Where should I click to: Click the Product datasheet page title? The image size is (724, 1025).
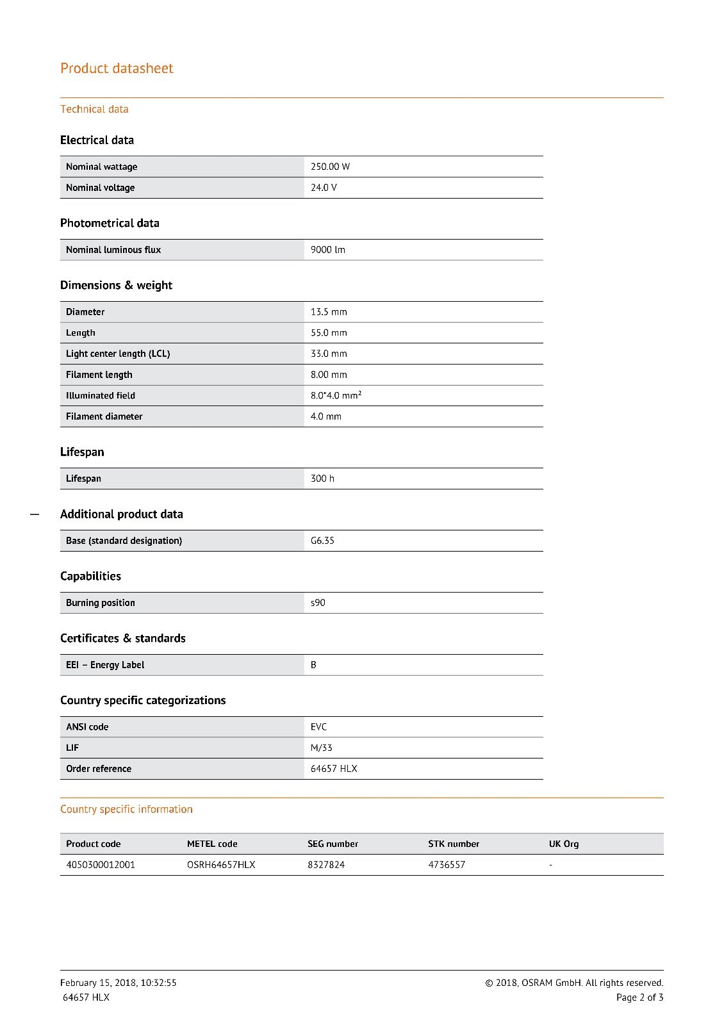tap(117, 69)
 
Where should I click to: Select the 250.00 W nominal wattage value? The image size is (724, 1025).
tap(330, 167)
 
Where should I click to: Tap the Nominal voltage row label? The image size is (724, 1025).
tap(100, 188)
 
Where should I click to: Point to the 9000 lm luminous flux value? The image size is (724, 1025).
tap(327, 250)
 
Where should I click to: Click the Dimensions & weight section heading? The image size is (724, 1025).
tap(116, 285)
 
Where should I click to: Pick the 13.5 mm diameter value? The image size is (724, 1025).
tap(329, 312)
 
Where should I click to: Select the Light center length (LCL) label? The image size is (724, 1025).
tap(118, 354)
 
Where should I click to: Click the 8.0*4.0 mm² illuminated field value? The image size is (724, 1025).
tap(336, 395)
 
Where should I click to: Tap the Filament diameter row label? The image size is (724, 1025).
tap(104, 416)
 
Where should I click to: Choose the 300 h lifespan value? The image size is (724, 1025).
tap(322, 479)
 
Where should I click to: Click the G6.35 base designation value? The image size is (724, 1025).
tap(322, 541)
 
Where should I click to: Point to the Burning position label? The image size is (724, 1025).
tap(100, 603)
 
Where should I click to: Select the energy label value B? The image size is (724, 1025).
tap(313, 665)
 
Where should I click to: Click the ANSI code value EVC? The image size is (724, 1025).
tap(318, 727)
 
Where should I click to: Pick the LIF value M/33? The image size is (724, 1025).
tap(321, 748)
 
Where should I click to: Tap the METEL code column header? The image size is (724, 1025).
tap(212, 844)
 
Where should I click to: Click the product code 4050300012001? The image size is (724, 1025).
tap(101, 865)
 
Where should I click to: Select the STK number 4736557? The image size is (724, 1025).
tap(447, 865)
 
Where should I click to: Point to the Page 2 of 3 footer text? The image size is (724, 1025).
tap(639, 997)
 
